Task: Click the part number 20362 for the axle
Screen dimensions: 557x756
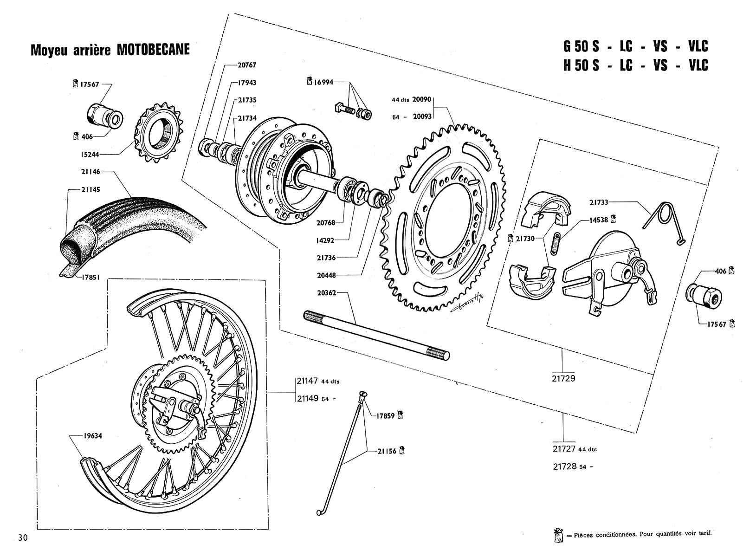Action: [327, 293]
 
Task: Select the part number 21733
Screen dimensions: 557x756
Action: [599, 202]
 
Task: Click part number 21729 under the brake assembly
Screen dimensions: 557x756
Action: [564, 378]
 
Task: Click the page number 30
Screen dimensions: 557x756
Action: [22, 538]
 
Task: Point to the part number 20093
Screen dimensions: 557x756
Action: [421, 117]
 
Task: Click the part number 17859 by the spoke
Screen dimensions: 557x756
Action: [386, 415]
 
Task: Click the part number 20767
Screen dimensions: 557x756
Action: [246, 65]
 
